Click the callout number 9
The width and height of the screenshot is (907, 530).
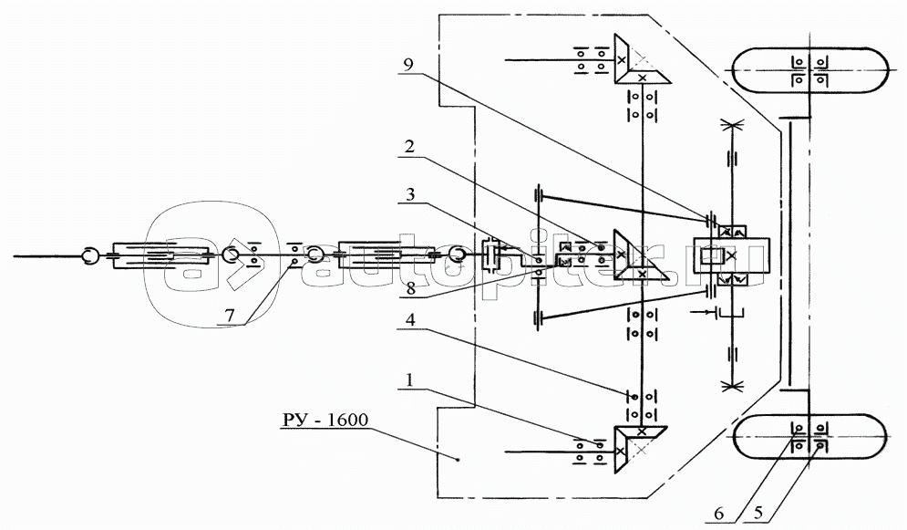(x=408, y=64)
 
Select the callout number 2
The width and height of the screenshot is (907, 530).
(x=409, y=146)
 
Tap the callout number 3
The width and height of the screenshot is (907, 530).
(x=410, y=193)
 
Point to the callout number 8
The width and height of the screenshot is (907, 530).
(x=410, y=289)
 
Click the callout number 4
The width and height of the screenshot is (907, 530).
(x=410, y=318)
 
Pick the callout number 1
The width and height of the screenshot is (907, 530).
(x=410, y=380)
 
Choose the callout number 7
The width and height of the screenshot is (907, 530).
(x=231, y=316)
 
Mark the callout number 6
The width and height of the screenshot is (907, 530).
(x=719, y=513)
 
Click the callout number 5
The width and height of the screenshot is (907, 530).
(x=758, y=513)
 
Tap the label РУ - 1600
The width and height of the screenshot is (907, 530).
(x=325, y=419)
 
